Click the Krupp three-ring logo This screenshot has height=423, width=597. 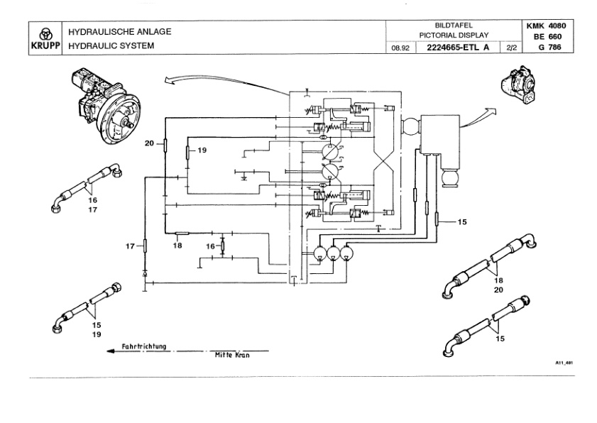[x=45, y=33]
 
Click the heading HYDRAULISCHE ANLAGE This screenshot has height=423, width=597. [x=120, y=32]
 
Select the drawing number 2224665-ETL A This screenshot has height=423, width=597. [x=458, y=48]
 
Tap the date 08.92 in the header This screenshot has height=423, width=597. [x=400, y=48]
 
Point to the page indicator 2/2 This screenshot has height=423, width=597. [x=512, y=48]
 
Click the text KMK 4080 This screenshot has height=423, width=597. [x=546, y=26]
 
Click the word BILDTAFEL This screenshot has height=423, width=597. [x=454, y=26]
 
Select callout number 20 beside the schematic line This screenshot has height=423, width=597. [x=149, y=143]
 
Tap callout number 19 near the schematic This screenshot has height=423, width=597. [x=202, y=150]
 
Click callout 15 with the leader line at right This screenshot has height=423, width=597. [x=462, y=221]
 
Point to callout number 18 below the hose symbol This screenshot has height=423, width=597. [x=177, y=246]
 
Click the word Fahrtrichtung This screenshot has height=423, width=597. [x=144, y=346]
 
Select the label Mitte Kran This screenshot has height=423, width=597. [x=232, y=356]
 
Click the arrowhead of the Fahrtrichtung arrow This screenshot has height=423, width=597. [x=111, y=351]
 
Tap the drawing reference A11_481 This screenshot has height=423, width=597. [x=564, y=363]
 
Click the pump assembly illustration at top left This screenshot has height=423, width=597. [x=105, y=106]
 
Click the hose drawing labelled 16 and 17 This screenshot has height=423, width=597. [x=87, y=187]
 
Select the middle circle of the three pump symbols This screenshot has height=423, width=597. [x=334, y=253]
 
